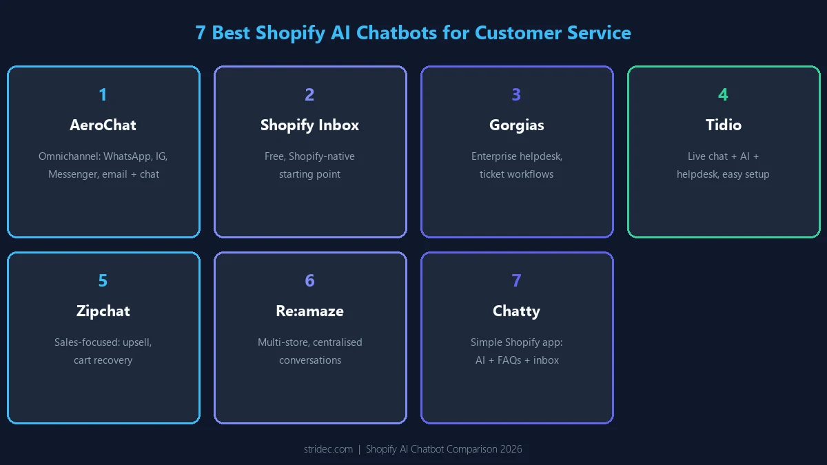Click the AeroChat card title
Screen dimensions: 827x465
103,125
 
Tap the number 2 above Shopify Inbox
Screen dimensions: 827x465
309,94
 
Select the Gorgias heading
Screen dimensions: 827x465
516,125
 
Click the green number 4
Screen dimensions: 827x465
723,94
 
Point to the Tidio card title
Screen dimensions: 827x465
724,125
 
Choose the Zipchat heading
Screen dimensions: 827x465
103,311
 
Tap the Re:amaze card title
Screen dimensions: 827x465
309,311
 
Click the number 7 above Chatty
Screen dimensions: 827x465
516,280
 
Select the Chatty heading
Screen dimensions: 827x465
516,311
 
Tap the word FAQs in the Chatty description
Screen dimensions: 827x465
509,360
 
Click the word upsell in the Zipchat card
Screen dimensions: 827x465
137,342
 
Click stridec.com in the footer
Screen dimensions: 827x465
328,449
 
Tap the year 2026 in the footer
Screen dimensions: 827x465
511,449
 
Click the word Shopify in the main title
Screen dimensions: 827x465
290,33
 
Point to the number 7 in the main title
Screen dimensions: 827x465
200,33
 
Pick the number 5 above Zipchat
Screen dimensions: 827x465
103,280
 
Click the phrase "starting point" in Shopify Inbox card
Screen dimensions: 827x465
309,174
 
